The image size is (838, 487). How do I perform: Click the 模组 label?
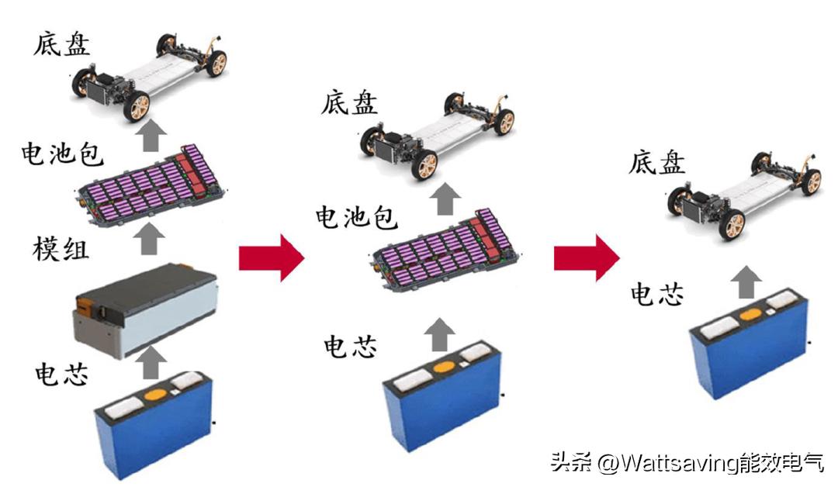[x=61, y=249]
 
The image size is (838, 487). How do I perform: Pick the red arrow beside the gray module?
[x=272, y=257]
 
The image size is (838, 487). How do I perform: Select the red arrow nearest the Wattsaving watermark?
[x=587, y=257]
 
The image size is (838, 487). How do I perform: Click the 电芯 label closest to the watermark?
[x=657, y=294]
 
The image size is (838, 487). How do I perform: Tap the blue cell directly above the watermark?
[x=750, y=343]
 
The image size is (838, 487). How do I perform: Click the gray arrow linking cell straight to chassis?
[x=746, y=282]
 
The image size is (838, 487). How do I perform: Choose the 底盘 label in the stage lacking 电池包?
[x=657, y=162]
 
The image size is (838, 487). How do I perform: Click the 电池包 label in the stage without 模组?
[x=356, y=217]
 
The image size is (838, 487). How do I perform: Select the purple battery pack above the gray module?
[x=151, y=186]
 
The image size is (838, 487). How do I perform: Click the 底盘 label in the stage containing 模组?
[x=61, y=43]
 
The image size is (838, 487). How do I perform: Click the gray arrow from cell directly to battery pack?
[x=440, y=334]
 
